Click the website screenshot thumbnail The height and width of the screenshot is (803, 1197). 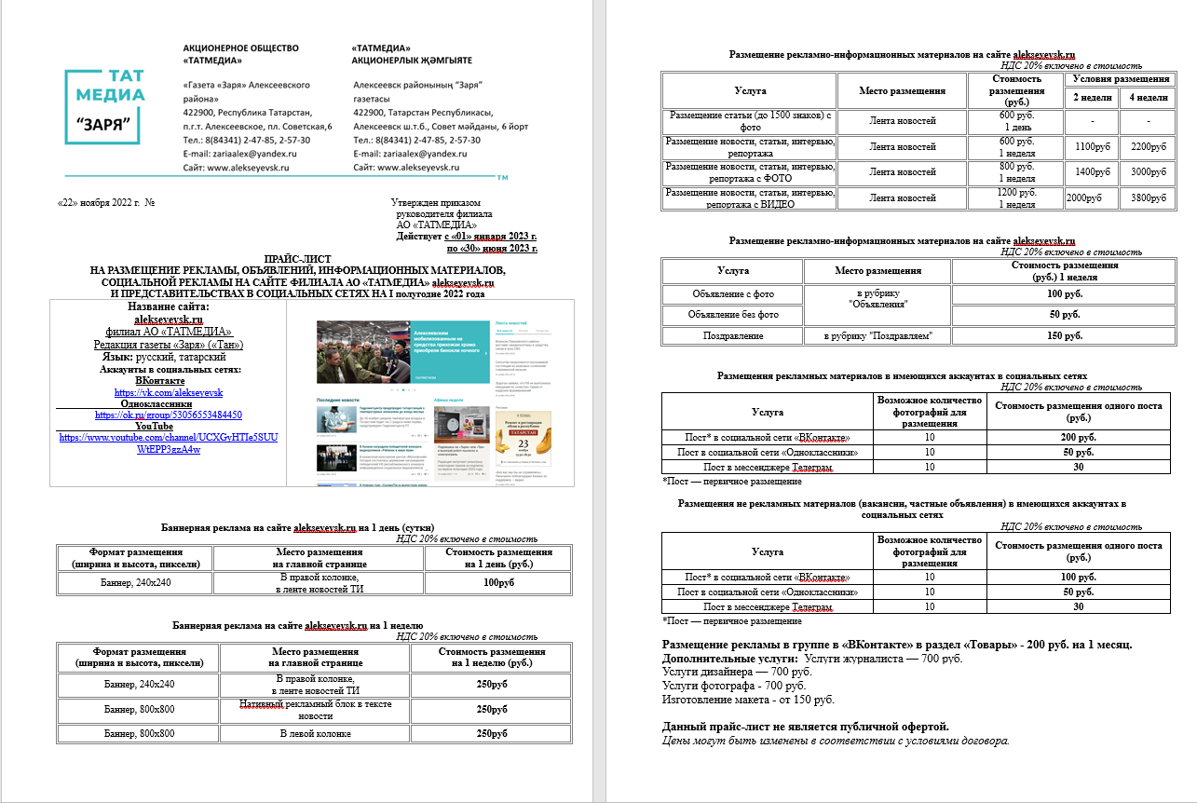pyautogui.click(x=428, y=392)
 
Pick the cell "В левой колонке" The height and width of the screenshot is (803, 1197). pyautogui.click(x=315, y=733)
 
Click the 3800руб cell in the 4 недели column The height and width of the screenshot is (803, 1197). pyautogui.click(x=1145, y=198)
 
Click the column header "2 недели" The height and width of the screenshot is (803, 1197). pyautogui.click(x=1090, y=97)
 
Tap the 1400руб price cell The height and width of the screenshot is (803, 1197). pyautogui.click(x=1092, y=172)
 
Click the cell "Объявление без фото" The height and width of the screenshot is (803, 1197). pyautogui.click(x=734, y=315)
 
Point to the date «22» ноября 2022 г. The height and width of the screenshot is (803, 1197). pyautogui.click(x=98, y=202)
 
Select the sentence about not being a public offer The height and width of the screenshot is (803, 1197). pyautogui.click(x=805, y=727)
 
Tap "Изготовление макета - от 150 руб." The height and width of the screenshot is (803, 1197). pyautogui.click(x=747, y=699)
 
